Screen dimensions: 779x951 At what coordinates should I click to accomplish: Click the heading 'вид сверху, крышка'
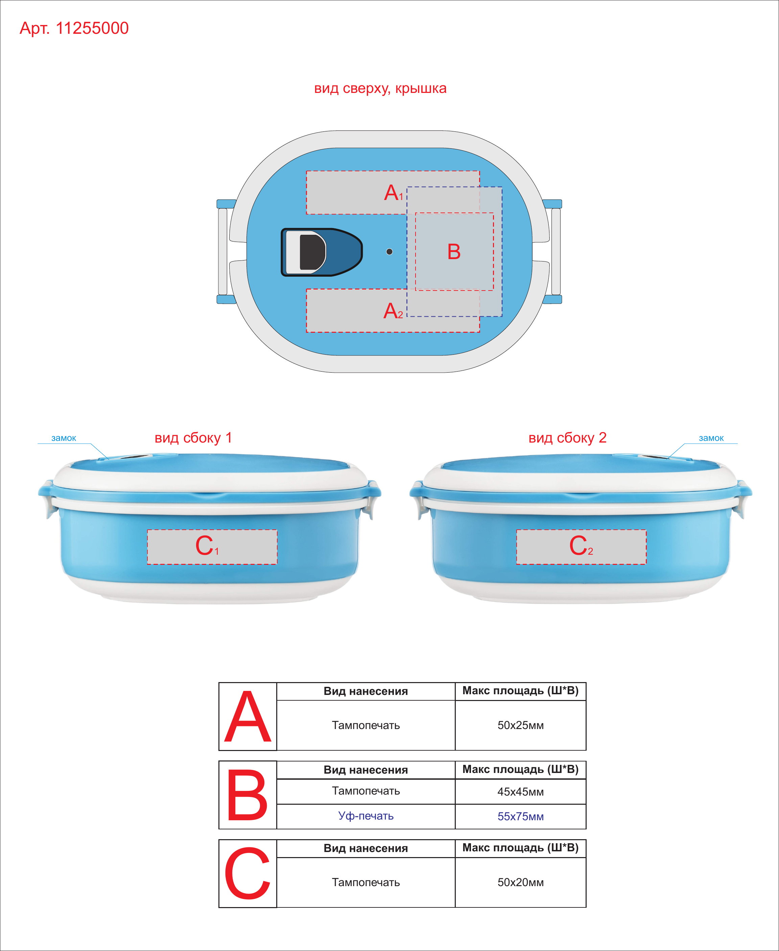coord(380,88)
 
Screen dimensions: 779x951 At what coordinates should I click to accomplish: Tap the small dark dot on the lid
coord(389,252)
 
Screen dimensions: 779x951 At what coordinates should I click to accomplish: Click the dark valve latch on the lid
coord(321,252)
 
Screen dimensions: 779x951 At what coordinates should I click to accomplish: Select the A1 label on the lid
coord(394,193)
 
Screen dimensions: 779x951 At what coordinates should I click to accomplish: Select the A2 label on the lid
coord(393,311)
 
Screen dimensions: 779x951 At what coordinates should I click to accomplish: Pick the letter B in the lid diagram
coord(454,252)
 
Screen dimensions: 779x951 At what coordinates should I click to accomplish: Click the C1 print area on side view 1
coord(212,547)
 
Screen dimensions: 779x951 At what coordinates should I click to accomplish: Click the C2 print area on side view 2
coord(581,547)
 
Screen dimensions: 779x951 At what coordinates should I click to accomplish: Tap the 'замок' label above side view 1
coord(64,438)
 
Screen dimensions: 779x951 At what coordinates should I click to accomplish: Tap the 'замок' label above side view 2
coord(711,438)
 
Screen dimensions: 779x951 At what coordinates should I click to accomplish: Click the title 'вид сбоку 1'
coord(193,437)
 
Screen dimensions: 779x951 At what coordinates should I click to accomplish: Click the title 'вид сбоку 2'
coord(568,437)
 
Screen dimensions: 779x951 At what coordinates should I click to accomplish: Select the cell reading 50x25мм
coord(521,725)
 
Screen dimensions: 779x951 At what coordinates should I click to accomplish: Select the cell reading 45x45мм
coord(521,792)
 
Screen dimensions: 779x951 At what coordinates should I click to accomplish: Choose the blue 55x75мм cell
coord(521,817)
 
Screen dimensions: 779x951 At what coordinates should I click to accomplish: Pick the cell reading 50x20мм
coord(521,882)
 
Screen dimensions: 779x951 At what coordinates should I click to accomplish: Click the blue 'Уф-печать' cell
coord(366,816)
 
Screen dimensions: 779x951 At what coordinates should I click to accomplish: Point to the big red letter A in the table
coord(248,717)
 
